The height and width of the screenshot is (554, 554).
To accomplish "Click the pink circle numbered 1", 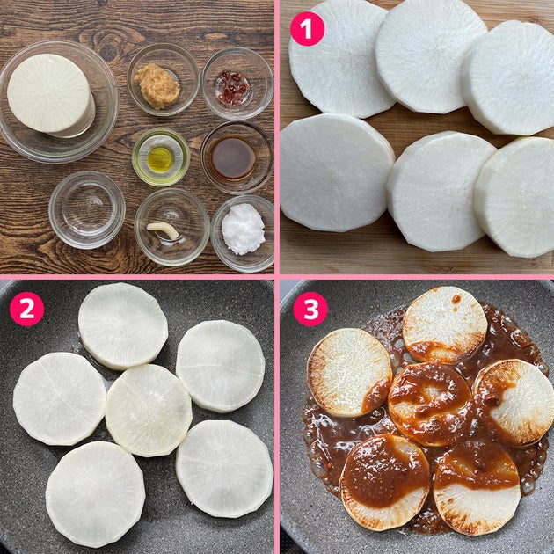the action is (x=307, y=29).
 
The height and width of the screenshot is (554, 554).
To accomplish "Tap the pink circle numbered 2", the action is (x=27, y=309).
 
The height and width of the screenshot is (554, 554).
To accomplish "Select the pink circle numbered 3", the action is (x=310, y=309).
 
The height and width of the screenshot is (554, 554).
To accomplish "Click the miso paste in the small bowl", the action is (x=157, y=85).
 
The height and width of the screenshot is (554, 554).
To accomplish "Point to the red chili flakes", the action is (x=233, y=88).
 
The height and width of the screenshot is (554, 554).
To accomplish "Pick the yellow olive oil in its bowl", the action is (x=160, y=159).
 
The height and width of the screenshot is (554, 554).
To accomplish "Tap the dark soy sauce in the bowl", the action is (x=232, y=157).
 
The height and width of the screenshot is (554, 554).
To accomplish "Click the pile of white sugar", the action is (x=243, y=229).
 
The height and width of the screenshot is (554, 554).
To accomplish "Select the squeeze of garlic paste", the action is (x=163, y=230).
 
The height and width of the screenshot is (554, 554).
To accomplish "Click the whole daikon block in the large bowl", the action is (x=50, y=95).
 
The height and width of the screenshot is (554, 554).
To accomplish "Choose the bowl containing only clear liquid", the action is (x=87, y=210).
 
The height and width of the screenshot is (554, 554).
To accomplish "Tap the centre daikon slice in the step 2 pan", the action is (x=149, y=410).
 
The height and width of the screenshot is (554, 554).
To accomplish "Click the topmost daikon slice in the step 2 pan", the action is (x=123, y=325).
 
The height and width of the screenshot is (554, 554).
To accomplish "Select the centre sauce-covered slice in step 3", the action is (x=430, y=405).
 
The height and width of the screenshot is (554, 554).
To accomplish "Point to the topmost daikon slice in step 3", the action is (x=445, y=325).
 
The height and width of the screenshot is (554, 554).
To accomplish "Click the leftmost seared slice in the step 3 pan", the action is (x=349, y=373).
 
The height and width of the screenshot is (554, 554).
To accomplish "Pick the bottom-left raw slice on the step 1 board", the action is (x=337, y=172).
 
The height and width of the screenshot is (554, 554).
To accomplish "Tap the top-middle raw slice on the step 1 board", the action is (x=431, y=55).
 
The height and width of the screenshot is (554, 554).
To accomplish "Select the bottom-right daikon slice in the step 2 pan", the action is (x=224, y=469).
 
